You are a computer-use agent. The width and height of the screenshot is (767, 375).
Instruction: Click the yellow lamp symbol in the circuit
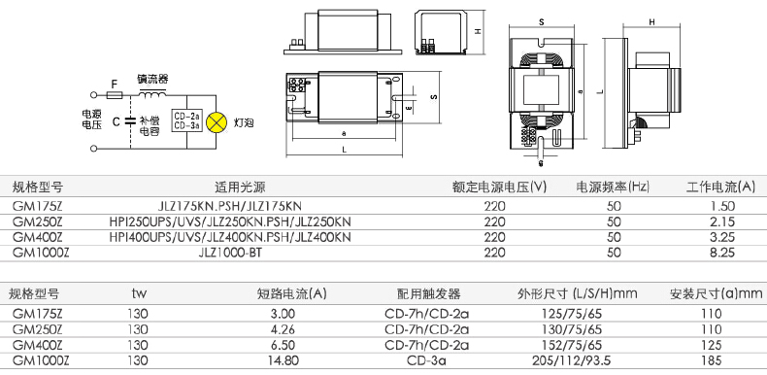[217, 121]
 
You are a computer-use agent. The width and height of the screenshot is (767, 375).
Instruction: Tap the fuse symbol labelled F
[115, 95]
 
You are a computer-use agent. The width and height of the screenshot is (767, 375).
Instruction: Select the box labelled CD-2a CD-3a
[186, 121]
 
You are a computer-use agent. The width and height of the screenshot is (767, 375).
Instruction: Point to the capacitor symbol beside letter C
[131, 121]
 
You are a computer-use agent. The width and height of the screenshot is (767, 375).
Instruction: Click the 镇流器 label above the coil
[152, 80]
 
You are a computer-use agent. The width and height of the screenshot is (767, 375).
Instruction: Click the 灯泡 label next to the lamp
[244, 122]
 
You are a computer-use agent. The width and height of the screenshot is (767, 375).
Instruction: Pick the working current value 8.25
[722, 253]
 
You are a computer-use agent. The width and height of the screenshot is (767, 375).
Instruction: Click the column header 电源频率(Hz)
[613, 187]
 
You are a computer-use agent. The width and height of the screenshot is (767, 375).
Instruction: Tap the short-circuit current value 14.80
[283, 360]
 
